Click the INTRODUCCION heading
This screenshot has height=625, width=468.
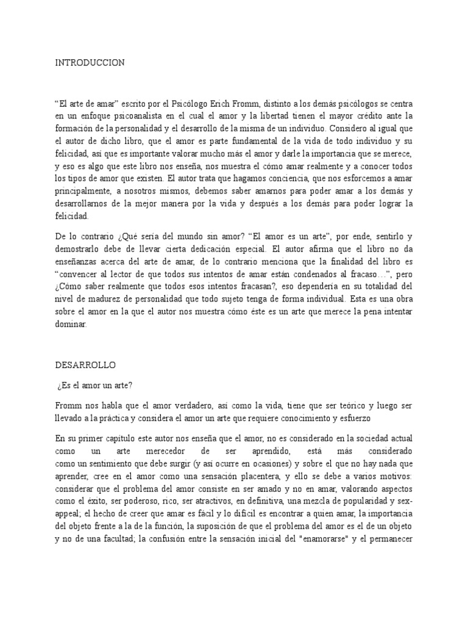coord(90,62)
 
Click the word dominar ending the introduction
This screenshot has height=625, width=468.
coord(71,325)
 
